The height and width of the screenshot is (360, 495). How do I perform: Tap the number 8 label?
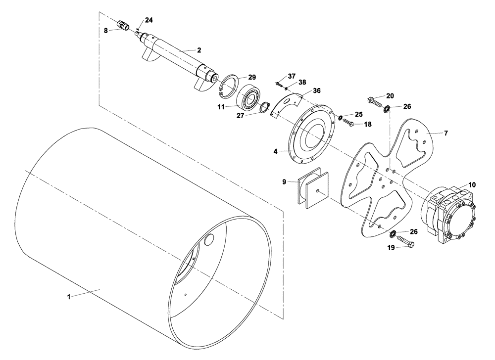[105, 30]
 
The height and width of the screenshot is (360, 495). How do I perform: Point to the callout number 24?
[149, 20]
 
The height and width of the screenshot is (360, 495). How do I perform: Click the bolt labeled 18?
[347, 122]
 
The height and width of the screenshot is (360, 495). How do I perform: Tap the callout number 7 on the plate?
[445, 134]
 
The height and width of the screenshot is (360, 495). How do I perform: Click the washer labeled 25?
[341, 117]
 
